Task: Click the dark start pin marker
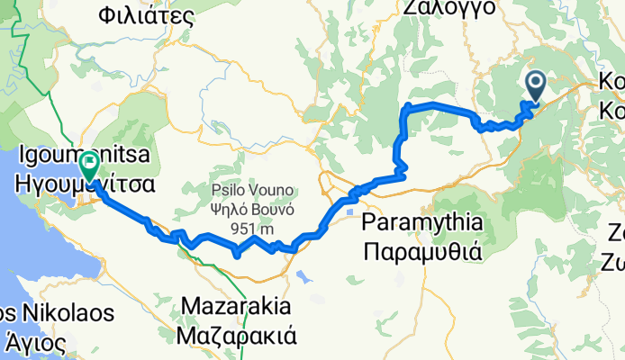pyautogui.click(x=534, y=87)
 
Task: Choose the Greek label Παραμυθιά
pyautogui.click(x=422, y=249)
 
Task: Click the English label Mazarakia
pyautogui.click(x=239, y=307)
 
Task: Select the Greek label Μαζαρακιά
pyautogui.click(x=239, y=336)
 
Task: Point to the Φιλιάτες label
pyautogui.click(x=147, y=13)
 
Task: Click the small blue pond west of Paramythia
pyautogui.click(x=349, y=211)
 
